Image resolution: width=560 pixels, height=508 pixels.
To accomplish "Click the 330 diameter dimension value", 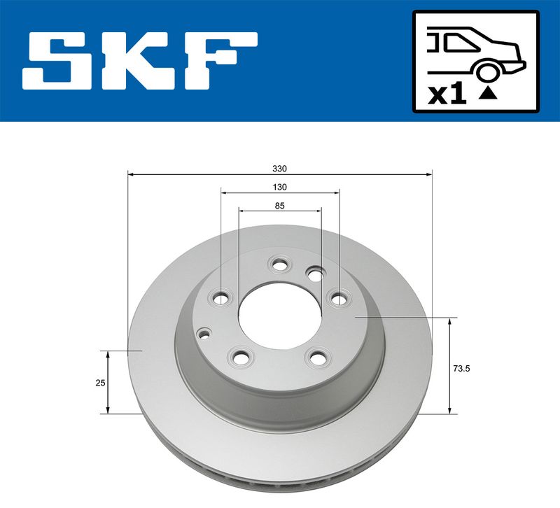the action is [x=279, y=169].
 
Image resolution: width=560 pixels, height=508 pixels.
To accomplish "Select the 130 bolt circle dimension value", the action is [x=279, y=187].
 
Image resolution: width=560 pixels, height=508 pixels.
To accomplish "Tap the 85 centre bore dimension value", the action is [x=279, y=206].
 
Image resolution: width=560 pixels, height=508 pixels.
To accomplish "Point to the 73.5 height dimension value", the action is [x=461, y=369].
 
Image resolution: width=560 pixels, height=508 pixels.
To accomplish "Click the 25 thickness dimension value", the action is [x=100, y=383].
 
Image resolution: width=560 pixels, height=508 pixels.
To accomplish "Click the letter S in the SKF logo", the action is [x=59, y=61].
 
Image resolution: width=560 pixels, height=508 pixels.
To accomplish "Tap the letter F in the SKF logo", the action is [x=221, y=61].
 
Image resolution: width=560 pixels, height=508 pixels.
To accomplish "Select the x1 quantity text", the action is [x=448, y=94].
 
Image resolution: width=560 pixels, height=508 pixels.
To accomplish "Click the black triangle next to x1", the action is [x=488, y=93].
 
